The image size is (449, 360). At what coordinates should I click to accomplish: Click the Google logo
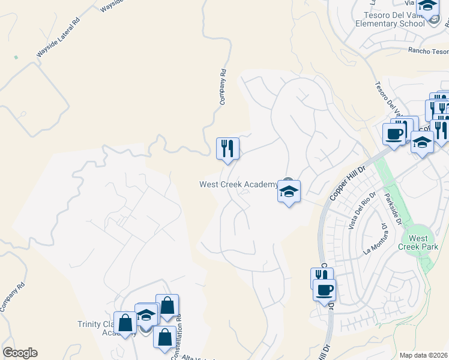point(20,353)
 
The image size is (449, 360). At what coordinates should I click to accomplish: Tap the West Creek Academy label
point(239,184)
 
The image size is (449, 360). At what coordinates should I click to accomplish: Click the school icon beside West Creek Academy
point(289,193)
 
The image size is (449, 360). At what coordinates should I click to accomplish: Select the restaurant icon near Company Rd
point(228,149)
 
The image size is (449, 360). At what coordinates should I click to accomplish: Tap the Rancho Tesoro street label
point(427,51)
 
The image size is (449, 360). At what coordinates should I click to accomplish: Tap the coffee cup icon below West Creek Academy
point(325,290)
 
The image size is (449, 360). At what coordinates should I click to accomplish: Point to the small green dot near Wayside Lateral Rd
point(16,58)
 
